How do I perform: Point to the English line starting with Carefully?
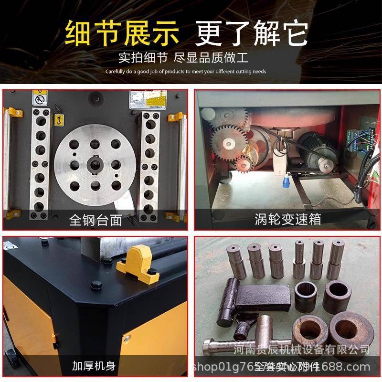(x=186, y=72)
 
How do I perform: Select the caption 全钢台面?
(x=95, y=220)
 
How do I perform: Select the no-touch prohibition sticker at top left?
(x=38, y=99)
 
